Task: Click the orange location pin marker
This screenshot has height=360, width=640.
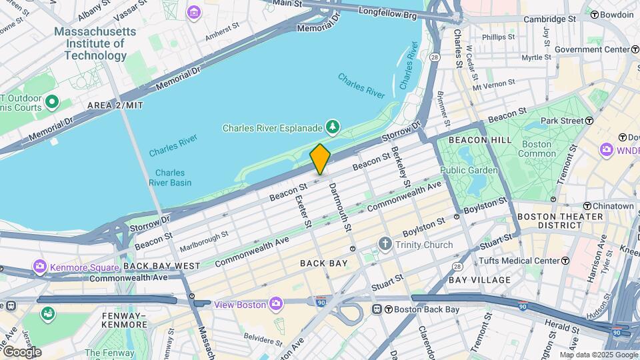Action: coord(320,159)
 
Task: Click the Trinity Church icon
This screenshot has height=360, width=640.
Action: coord(385,245)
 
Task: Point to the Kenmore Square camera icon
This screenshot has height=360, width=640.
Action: coord(40,267)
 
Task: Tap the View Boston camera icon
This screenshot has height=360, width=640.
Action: coord(274,304)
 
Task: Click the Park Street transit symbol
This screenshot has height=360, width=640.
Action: coord(589,121)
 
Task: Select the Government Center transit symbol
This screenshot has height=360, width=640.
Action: coord(635,49)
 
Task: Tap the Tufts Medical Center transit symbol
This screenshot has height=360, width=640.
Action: coord(565,261)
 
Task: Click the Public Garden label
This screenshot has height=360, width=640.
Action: coord(469,170)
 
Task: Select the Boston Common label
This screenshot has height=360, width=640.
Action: coord(537,149)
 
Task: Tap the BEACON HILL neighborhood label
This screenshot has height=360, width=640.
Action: coord(480,139)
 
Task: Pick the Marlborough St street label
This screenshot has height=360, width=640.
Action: coord(203,238)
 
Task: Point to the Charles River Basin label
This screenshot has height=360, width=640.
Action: coord(169,177)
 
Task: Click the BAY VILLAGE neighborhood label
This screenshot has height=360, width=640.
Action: coord(479,280)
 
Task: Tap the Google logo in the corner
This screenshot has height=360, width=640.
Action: coord(21,352)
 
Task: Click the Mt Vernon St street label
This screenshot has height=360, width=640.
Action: coord(494,85)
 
